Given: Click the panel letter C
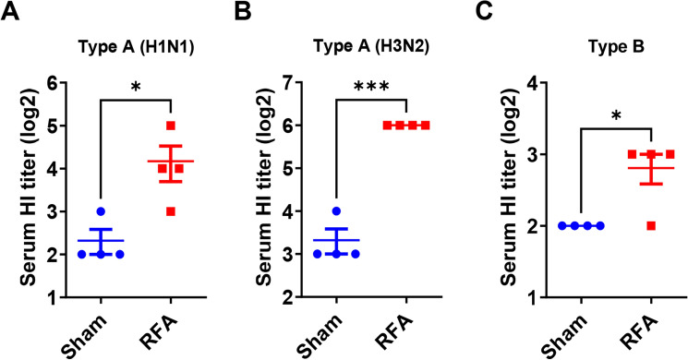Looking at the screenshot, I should pos(473,12).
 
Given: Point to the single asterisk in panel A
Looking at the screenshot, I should pos(136,87).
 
